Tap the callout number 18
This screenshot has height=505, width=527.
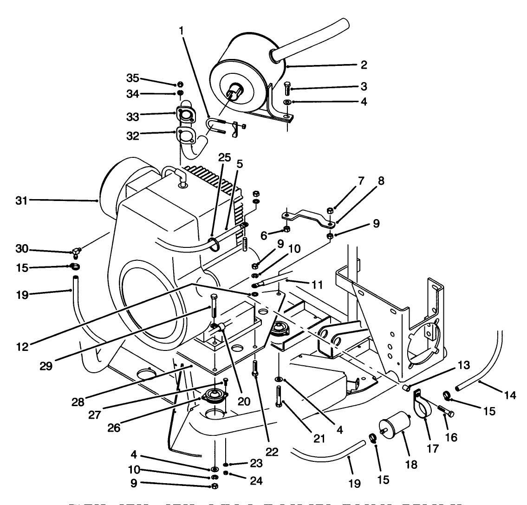[410, 464]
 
